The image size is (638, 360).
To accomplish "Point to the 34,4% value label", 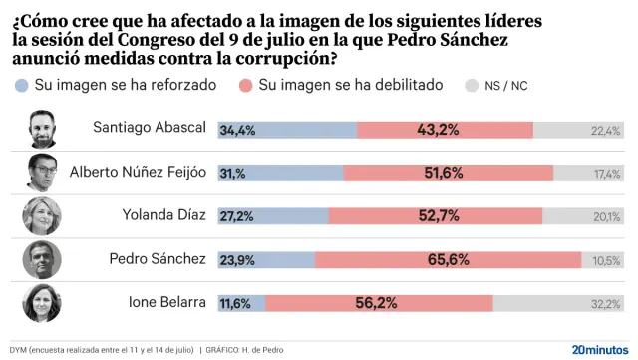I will tap(236, 130).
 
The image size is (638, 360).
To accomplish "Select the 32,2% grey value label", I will tap(606, 303).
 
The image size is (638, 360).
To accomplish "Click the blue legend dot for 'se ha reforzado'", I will tap(22, 86).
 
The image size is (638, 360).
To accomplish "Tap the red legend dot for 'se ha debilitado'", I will tap(245, 86).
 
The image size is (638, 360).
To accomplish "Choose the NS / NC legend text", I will tap(505, 86).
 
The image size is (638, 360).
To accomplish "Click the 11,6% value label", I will tap(235, 303).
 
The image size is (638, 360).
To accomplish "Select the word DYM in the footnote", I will tap(16, 350).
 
